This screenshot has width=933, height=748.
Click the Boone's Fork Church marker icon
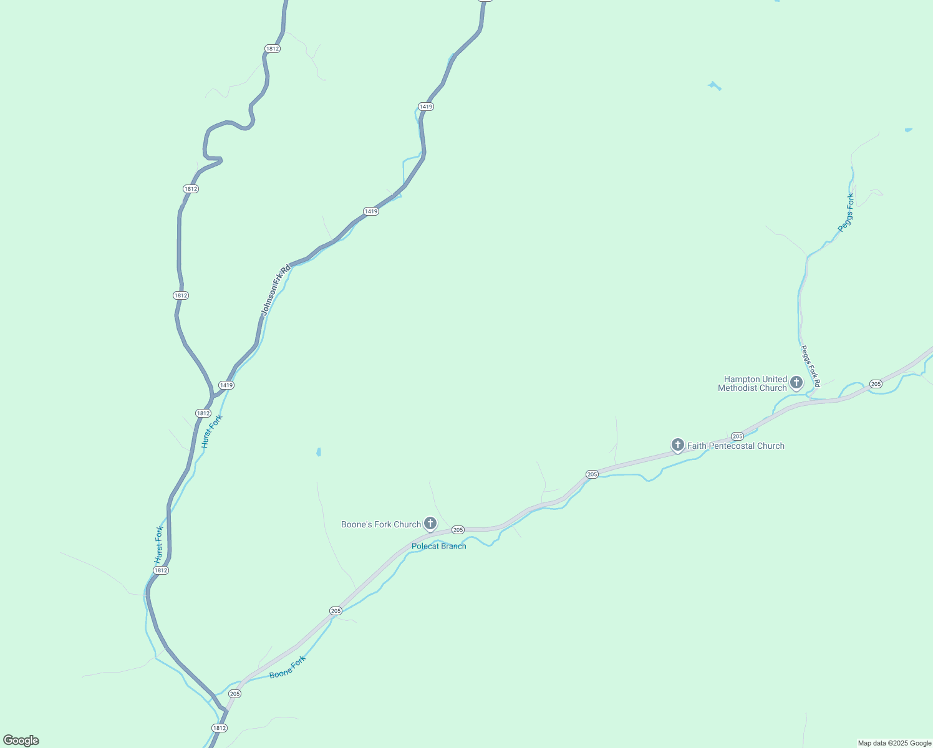tap(430, 524)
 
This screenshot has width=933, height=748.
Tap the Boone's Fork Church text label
tap(381, 525)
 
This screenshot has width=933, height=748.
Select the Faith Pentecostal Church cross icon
tap(678, 444)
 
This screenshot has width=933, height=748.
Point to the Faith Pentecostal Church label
tap(736, 446)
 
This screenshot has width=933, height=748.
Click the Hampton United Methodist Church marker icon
tap(796, 382)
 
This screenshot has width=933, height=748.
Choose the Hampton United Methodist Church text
tap(753, 383)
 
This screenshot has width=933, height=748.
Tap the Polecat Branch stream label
tap(439, 547)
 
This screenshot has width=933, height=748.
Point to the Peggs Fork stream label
tap(846, 213)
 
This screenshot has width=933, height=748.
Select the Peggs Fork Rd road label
tap(810, 366)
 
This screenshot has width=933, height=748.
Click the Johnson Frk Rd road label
tap(276, 290)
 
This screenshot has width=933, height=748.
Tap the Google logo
tap(21, 741)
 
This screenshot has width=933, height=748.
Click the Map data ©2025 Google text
tap(894, 743)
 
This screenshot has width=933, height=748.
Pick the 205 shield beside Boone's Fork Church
tap(458, 530)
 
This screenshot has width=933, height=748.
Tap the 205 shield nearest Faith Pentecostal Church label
tap(737, 436)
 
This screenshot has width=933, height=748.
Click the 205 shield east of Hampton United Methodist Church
tap(876, 384)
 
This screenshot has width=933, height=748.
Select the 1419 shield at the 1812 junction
tap(226, 385)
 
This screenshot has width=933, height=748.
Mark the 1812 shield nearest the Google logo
tap(219, 728)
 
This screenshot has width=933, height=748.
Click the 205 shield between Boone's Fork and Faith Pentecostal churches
tap(592, 474)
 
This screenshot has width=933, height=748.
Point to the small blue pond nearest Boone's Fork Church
tap(319, 452)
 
